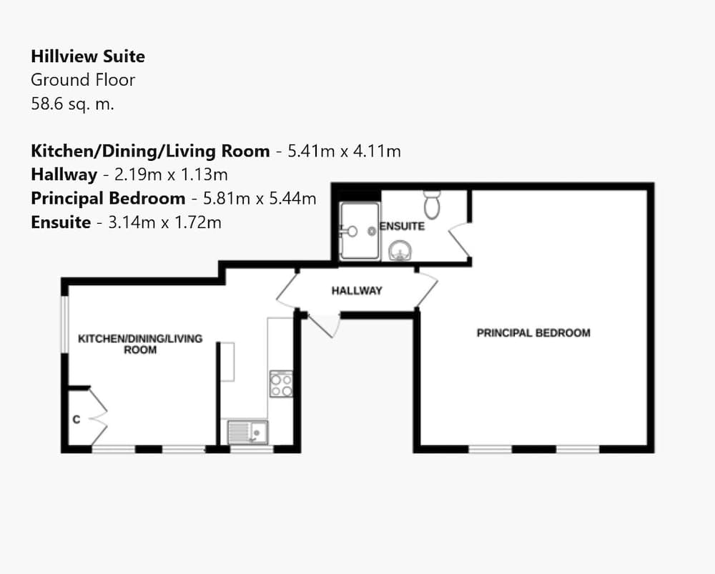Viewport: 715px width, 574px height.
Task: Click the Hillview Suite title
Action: point(88,56)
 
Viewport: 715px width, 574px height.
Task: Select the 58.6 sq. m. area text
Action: point(72,104)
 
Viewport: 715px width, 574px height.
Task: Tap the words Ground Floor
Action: point(83,80)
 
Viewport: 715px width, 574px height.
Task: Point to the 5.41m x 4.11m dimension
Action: point(345,151)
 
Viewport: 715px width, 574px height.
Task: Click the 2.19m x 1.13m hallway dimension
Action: point(171,174)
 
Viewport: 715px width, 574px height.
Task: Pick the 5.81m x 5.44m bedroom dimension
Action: point(260,198)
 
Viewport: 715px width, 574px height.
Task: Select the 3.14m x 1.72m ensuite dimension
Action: point(164,222)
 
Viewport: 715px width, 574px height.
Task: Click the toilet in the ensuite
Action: point(432,204)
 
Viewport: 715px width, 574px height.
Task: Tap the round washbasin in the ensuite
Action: point(400,250)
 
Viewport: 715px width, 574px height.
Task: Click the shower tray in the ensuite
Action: point(360,231)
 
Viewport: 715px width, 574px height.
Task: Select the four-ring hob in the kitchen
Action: point(281,384)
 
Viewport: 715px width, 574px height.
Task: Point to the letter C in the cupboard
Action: point(77,420)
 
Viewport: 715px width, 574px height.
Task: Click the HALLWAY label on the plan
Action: point(357,290)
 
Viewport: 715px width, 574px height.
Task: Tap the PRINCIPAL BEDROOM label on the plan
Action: point(533,333)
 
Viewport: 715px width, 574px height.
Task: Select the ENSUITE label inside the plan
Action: point(402,226)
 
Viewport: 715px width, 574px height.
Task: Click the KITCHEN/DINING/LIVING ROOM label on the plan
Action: point(140,345)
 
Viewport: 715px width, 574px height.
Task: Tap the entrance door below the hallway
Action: point(324,325)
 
